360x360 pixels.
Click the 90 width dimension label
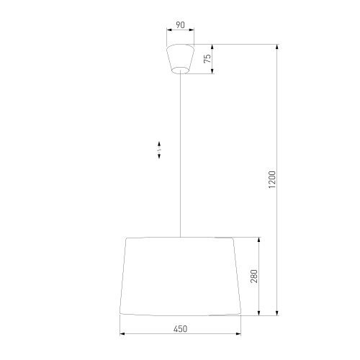coord(180,25)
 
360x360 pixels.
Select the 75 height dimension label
coord(207,60)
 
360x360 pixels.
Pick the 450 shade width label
coord(180,328)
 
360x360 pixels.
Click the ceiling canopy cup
coord(180,58)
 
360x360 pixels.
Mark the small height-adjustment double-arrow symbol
coord(159,149)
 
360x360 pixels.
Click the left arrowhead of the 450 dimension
coord(122,334)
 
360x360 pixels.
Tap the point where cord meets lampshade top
coord(180,237)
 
